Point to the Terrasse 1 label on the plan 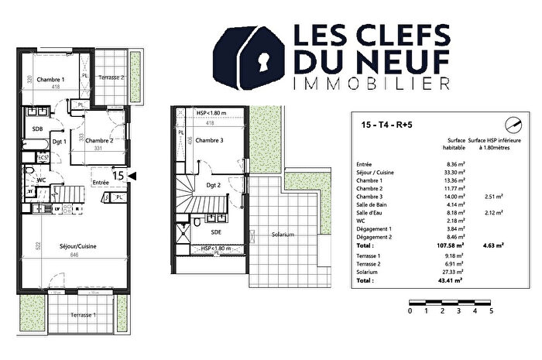(83, 316)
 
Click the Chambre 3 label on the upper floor (209, 140)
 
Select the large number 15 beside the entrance (119, 177)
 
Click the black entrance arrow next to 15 (133, 177)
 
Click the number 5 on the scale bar (491, 311)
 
